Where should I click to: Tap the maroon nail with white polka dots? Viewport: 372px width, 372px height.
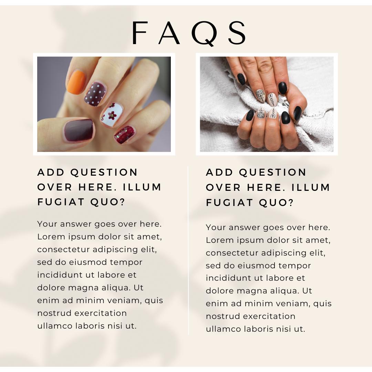[95, 94]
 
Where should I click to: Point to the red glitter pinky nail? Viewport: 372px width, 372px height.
[124, 135]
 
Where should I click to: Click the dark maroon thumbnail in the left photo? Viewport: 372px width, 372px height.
[79, 130]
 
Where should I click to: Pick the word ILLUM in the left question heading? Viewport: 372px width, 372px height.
[142, 187]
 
